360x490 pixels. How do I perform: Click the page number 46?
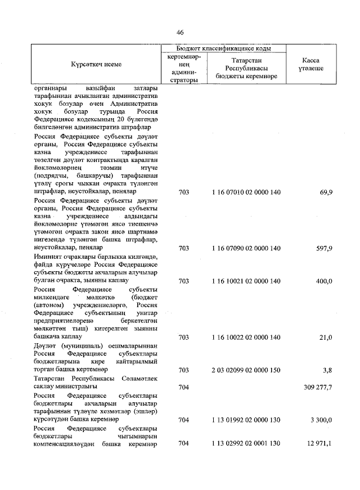(180, 32)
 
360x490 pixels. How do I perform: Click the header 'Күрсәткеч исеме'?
(96, 64)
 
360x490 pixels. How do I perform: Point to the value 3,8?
(328, 370)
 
